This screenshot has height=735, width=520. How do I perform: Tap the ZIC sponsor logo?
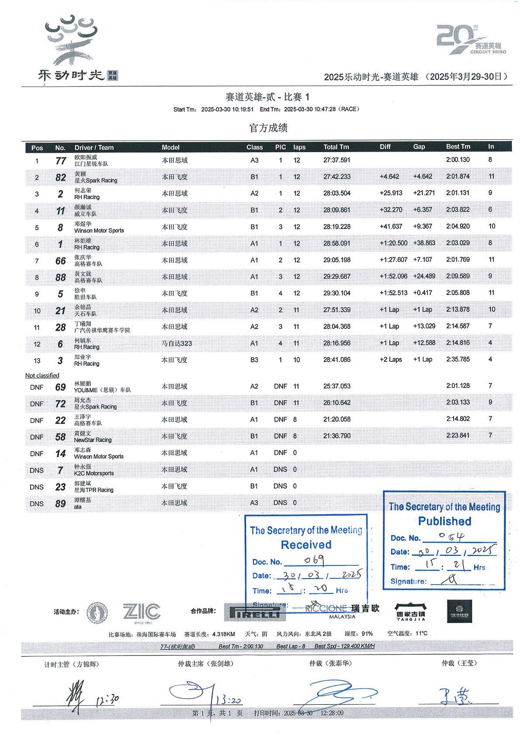click(141, 611)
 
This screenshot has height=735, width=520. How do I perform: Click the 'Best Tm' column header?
click(458, 147)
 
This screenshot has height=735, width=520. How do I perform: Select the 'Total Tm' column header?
click(336, 147)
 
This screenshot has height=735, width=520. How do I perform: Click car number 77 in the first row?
click(61, 161)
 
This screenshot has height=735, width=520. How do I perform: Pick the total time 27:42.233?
click(336, 177)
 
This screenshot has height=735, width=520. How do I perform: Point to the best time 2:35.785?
click(458, 360)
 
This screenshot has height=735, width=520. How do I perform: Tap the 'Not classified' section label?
click(42, 375)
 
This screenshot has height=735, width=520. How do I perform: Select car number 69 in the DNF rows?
click(60, 387)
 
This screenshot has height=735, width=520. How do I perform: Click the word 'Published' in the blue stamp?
click(444, 521)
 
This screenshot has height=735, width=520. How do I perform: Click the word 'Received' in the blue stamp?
click(306, 544)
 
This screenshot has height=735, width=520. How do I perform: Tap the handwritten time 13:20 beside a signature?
click(229, 700)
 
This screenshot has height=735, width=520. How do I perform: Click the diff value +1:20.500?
click(393, 243)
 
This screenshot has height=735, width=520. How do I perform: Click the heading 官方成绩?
click(268, 128)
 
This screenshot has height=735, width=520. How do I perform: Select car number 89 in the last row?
click(60, 504)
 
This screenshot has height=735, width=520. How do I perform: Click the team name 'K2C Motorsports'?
click(94, 473)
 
